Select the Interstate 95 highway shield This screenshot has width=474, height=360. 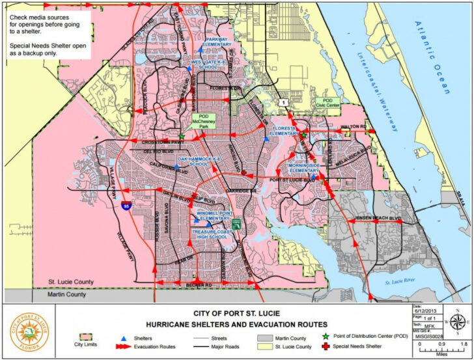pos(124,206)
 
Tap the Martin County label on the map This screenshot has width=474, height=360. pos(67,295)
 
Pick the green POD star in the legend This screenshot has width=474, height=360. pos(324,337)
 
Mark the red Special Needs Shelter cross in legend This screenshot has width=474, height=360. pos(324,346)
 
